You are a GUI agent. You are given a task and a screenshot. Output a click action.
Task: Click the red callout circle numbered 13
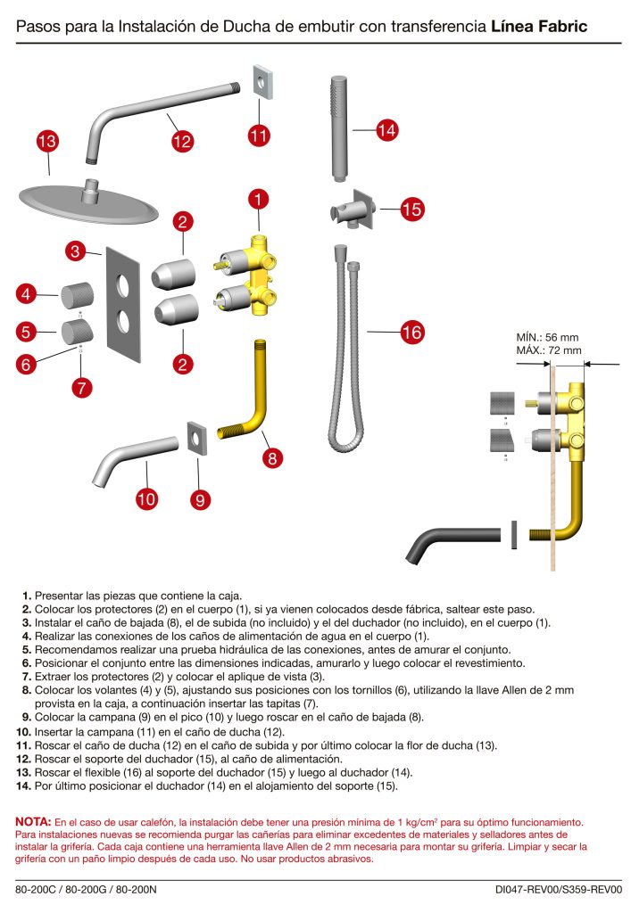pyautogui.click(x=47, y=141)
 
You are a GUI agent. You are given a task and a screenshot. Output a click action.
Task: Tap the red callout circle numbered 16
pyautogui.click(x=411, y=333)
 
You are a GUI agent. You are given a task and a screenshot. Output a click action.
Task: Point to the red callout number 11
pyautogui.click(x=259, y=135)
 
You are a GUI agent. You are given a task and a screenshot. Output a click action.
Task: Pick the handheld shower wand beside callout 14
pyautogui.click(x=336, y=130)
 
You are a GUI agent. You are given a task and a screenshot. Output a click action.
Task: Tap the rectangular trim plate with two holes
pyautogui.click(x=123, y=303)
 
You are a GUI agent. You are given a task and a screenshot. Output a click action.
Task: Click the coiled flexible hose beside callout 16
pyautogui.click(x=344, y=348)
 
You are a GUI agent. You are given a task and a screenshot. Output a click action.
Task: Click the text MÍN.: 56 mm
pyautogui.click(x=548, y=337)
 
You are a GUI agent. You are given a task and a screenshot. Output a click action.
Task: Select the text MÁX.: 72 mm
pyautogui.click(x=549, y=350)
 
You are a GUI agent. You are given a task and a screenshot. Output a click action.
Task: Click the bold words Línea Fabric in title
pyautogui.click(x=538, y=27)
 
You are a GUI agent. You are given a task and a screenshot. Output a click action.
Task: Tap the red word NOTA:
pyautogui.click(x=34, y=820)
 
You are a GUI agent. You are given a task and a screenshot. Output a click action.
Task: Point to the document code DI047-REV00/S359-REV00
pyautogui.click(x=559, y=889)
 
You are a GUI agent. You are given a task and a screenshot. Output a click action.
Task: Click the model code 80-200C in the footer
pyautogui.click(x=37, y=889)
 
